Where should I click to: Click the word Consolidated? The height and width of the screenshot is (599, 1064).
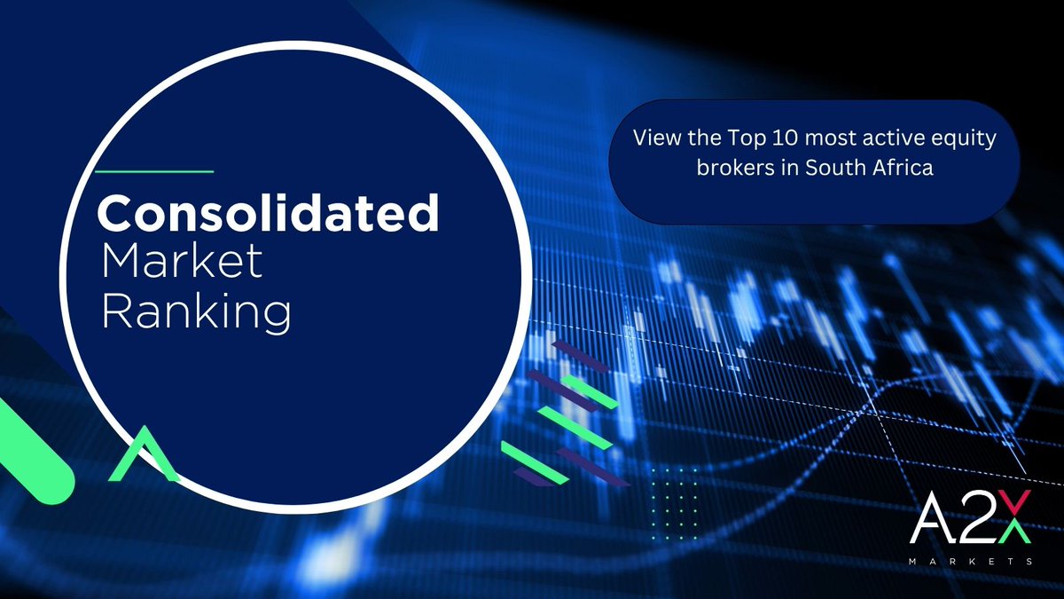point(269,214)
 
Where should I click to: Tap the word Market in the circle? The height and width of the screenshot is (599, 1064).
point(183,263)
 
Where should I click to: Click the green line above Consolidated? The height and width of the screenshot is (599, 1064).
point(153,169)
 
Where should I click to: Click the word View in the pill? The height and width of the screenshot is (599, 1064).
point(652,140)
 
